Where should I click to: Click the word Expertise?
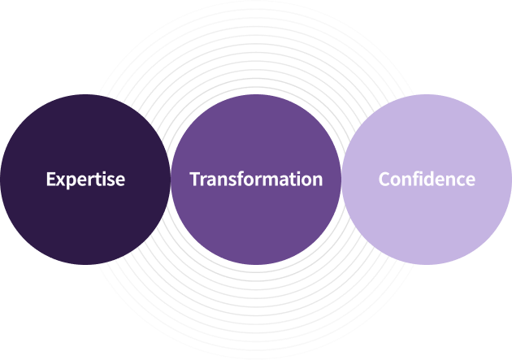tap(85, 180)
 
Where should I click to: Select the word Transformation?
tap(256, 180)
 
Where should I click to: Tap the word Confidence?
tap(427, 180)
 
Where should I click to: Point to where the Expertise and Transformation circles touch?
tap(171, 180)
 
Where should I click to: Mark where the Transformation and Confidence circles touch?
tap(341, 180)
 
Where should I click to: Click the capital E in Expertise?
tap(51, 180)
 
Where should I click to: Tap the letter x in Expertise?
tap(61, 180)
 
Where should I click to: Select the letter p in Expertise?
tap(71, 182)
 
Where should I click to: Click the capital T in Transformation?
tap(195, 180)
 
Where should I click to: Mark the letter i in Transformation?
tap(301, 179)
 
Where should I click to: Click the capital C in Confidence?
tap(384, 180)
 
